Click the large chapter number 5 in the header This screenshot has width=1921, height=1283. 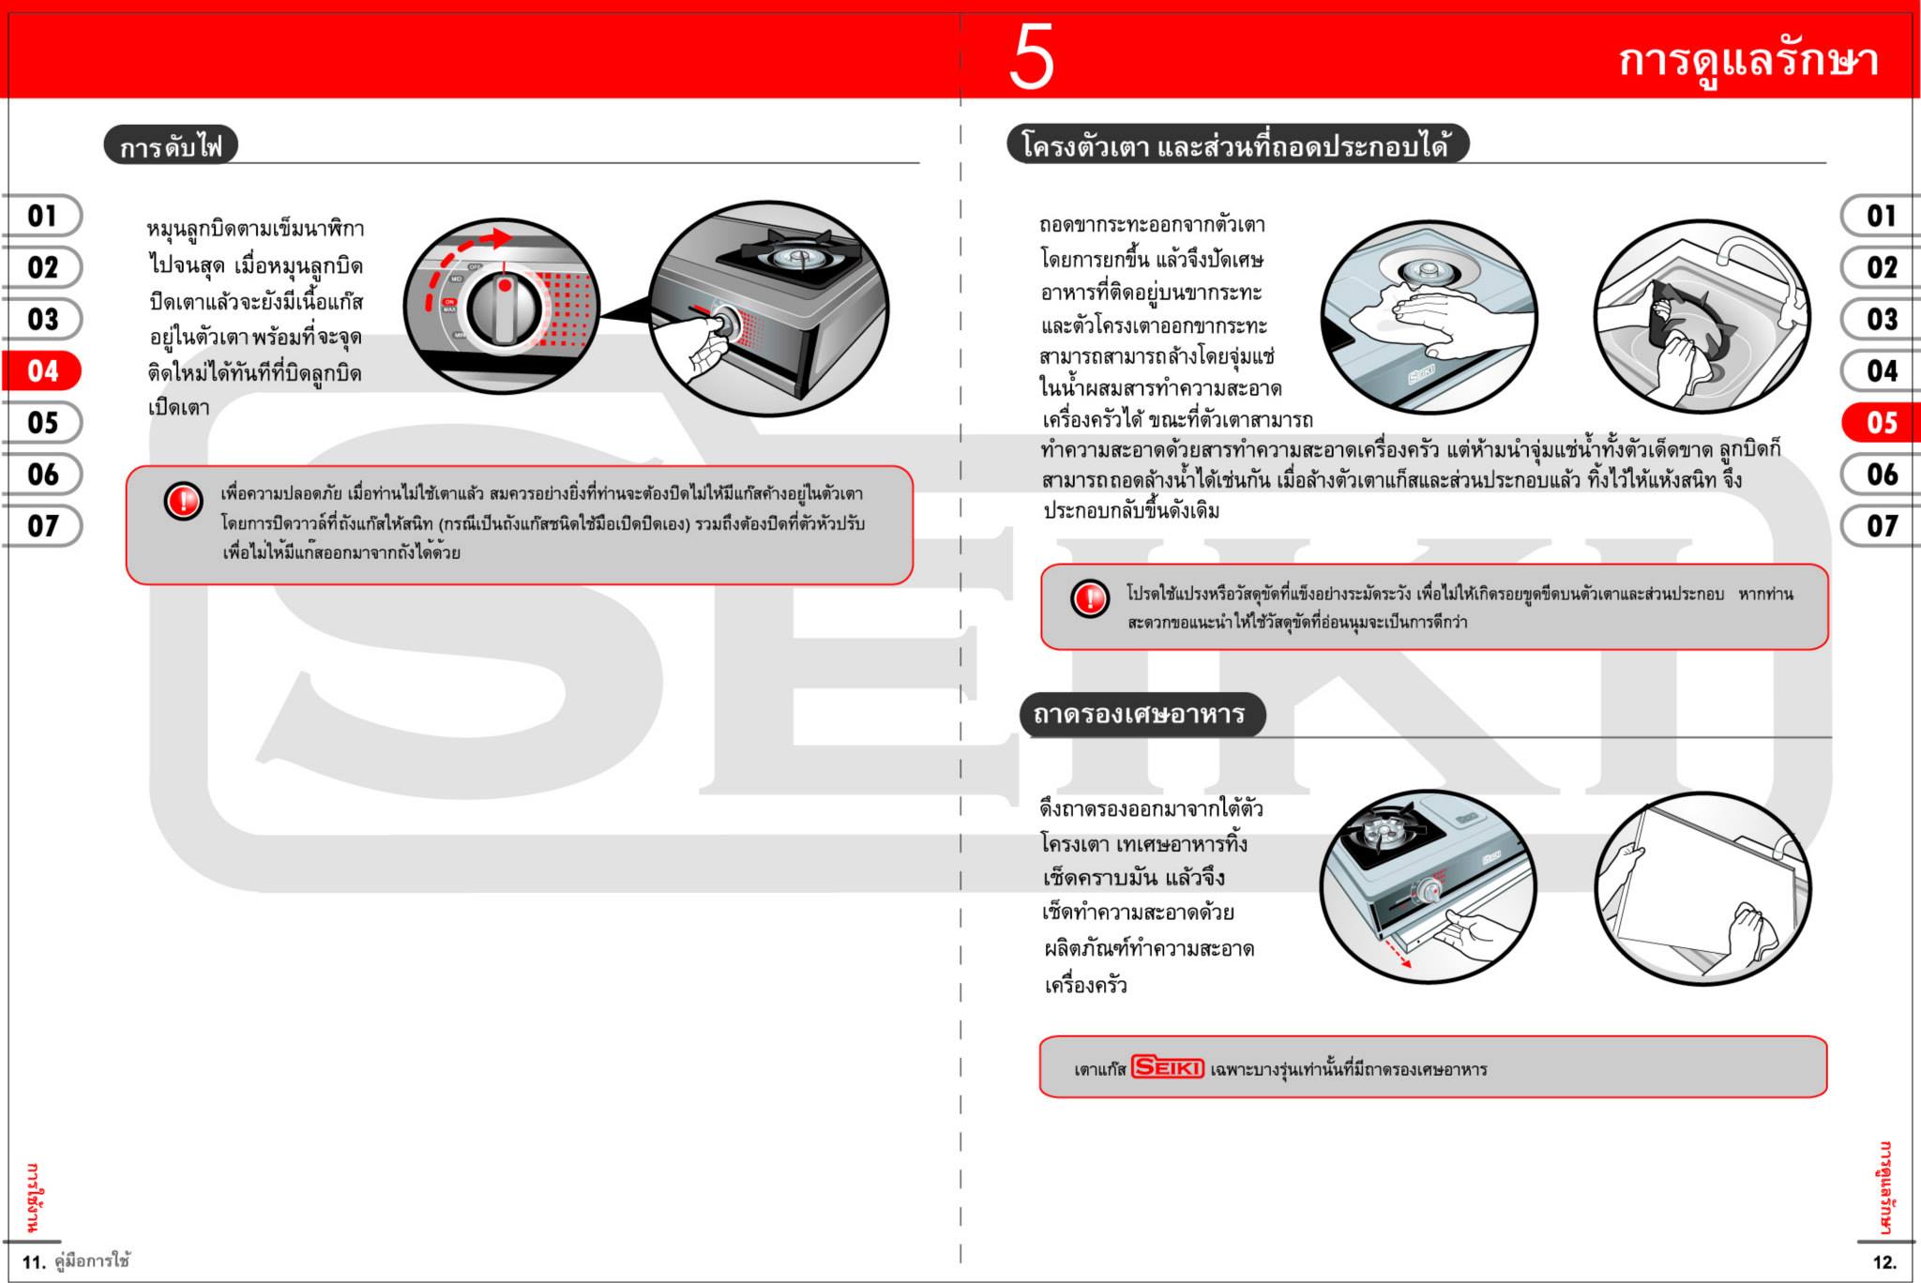pos(1031,58)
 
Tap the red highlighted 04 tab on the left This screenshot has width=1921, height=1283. pos(43,371)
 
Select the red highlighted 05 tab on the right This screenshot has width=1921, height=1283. pos(1881,423)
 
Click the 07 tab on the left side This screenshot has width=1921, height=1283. pos(43,526)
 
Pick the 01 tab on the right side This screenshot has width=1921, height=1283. pos(1881,217)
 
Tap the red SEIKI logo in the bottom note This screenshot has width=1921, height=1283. pos(1167,1067)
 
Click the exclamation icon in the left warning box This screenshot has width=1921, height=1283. pos(183,501)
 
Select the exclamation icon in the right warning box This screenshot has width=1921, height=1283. pos(1090,597)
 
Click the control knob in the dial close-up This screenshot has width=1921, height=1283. pos(506,309)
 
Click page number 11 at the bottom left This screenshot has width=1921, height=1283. pos(33,1262)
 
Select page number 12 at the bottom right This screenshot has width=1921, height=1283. pos(1883,1262)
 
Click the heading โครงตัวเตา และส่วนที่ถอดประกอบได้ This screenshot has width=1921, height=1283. pos(1236,146)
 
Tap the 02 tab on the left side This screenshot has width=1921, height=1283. pos(43,268)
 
